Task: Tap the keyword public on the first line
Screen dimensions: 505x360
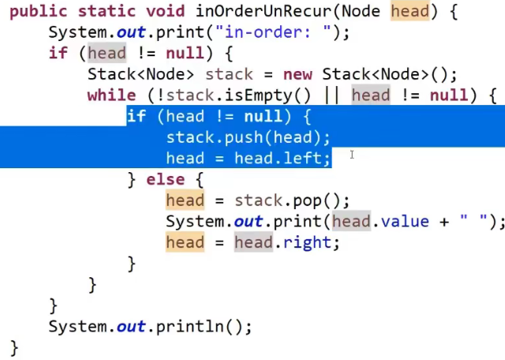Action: point(38,13)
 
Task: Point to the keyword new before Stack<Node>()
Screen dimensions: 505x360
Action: point(298,75)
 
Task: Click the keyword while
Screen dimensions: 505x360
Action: point(111,96)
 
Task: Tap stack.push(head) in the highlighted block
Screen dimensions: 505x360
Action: point(248,137)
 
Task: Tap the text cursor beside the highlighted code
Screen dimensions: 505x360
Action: point(351,156)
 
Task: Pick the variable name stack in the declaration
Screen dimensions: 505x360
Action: point(229,75)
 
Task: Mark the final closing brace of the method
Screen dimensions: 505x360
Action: point(13,347)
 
